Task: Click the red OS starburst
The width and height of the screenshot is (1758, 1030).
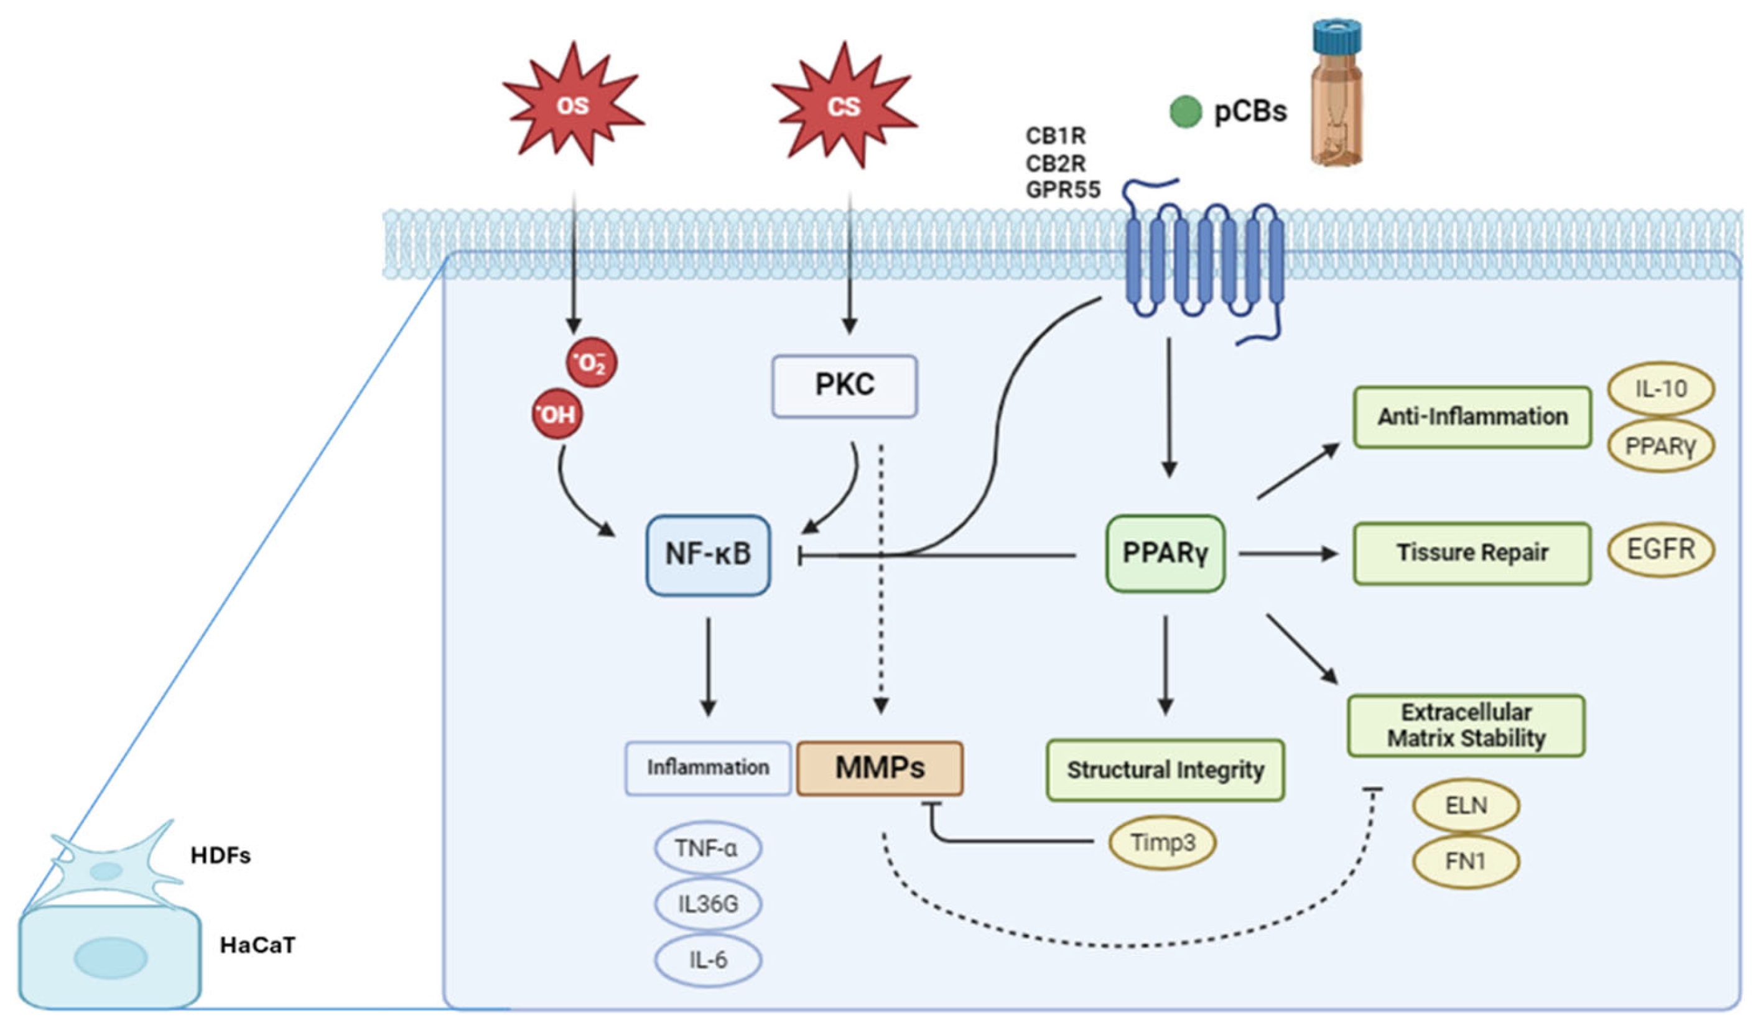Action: pyautogui.click(x=573, y=105)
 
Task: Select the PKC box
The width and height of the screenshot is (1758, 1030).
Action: pyautogui.click(x=844, y=386)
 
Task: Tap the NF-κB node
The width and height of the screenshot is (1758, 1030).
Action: pyautogui.click(x=708, y=554)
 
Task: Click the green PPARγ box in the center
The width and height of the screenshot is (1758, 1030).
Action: pyautogui.click(x=1165, y=554)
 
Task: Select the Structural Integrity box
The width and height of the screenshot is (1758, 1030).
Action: pyautogui.click(x=1165, y=771)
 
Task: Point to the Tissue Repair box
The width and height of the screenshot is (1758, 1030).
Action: pyautogui.click(x=1472, y=553)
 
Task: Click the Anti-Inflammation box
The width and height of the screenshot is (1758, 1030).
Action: pyautogui.click(x=1472, y=417)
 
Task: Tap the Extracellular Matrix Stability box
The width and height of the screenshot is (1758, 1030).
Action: pyautogui.click(x=1466, y=725)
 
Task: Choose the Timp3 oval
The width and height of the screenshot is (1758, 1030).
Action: pyautogui.click(x=1163, y=842)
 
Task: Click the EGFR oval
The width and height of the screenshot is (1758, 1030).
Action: pyautogui.click(x=1661, y=550)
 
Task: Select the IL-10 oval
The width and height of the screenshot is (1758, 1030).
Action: pyautogui.click(x=1661, y=389)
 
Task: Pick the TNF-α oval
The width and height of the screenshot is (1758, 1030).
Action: pyautogui.click(x=707, y=848)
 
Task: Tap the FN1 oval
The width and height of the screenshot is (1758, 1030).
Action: pyautogui.click(x=1466, y=863)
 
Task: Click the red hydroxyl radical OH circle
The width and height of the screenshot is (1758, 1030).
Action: pyautogui.click(x=557, y=414)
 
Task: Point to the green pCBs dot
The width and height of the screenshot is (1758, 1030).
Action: pyautogui.click(x=1185, y=113)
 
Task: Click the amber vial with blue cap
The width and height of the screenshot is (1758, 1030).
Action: pyautogui.click(x=1336, y=94)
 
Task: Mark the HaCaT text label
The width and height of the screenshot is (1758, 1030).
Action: pyautogui.click(x=258, y=945)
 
